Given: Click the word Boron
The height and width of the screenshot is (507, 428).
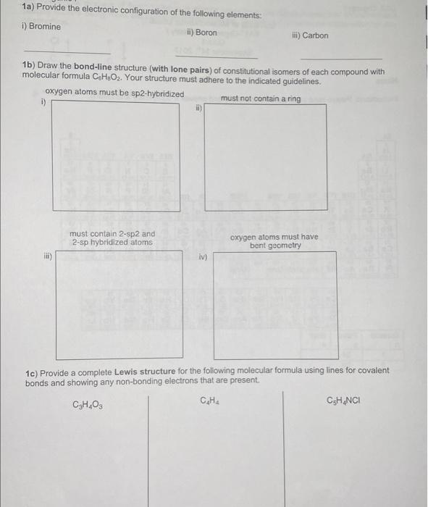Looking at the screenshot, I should tap(206, 33).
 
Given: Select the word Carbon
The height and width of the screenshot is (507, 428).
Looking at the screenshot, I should tap(315, 35).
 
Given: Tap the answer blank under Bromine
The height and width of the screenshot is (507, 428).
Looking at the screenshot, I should tap(67, 53).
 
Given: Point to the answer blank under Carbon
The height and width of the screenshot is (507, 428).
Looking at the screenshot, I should tap(340, 59).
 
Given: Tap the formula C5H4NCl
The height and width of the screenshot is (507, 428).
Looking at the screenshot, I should tap(345, 400).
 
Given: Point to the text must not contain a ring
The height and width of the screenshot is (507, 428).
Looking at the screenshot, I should tap(260, 99).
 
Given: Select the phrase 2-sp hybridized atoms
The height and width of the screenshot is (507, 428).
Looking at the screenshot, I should tap(112, 243).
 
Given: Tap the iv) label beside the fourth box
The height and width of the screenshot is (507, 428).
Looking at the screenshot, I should tap(203, 256).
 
